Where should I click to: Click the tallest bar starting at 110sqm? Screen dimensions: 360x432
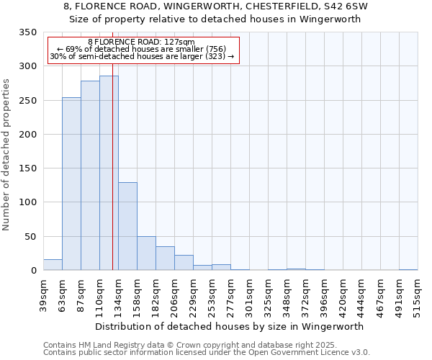pos(109,173)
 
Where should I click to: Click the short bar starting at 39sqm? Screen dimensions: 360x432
pos(53,265)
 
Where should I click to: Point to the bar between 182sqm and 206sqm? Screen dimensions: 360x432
pos(165,258)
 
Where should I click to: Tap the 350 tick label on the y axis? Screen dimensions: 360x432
pos(28,32)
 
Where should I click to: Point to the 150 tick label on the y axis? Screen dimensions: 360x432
pos(28,168)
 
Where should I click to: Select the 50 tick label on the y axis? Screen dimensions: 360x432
pos(31,237)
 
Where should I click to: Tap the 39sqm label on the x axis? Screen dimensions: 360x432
pos(43,294)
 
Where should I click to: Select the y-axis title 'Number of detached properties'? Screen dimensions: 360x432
pos(7,155)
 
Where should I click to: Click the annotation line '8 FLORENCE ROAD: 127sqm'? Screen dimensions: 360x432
pos(141,42)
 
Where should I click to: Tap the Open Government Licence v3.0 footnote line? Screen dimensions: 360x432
pos(207,353)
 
